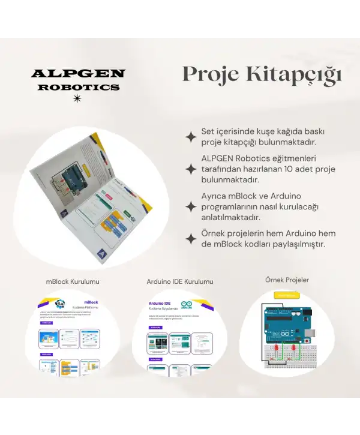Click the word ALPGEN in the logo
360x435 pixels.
pos(78,74)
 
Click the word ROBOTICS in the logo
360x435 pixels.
pos(78,87)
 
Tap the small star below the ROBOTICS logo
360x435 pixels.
pos(76,100)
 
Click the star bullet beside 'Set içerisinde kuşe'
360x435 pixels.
pos(191,137)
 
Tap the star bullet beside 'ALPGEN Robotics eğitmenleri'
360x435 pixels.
pos(191,170)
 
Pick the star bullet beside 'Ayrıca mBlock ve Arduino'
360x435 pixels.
pos(191,207)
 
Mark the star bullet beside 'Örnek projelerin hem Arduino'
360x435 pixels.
pos(191,239)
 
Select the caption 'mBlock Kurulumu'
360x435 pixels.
pos(73,281)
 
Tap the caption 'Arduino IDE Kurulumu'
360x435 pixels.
pos(179,281)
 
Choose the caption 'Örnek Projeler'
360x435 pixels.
pos(287,280)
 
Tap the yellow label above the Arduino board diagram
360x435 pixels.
pos(286,295)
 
